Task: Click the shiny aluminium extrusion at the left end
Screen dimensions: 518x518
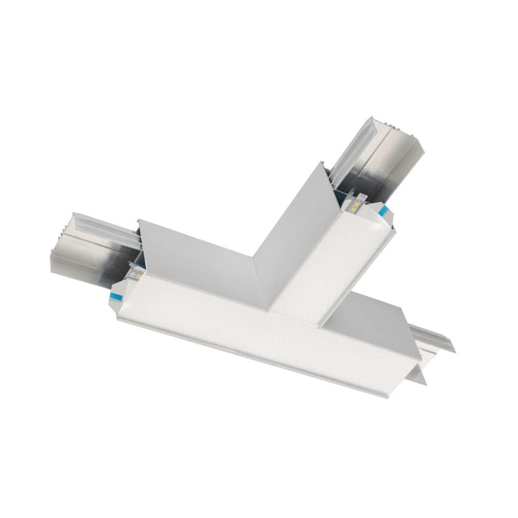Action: click(x=91, y=249)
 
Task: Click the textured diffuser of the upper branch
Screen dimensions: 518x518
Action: click(x=330, y=265)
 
